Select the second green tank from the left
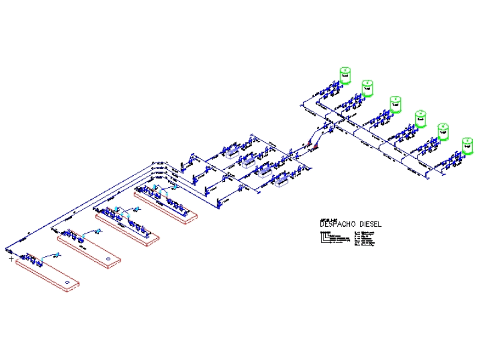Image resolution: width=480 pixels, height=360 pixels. pyautogui.click(x=367, y=88)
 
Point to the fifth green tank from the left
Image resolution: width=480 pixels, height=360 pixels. pyautogui.click(x=443, y=131)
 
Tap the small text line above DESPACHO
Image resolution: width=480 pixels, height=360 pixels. pyautogui.click(x=329, y=219)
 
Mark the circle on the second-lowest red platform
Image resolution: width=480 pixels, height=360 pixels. pyautogui.click(x=108, y=259)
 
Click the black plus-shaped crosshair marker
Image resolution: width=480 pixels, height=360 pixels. pyautogui.click(x=11, y=259)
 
